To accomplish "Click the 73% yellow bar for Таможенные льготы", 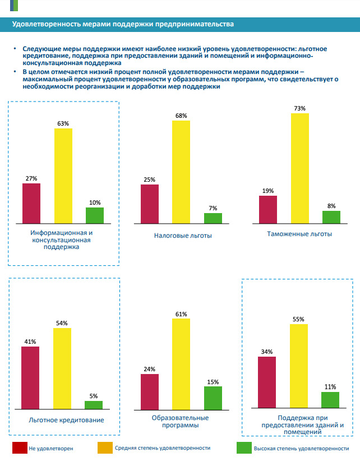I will pyautogui.click(x=299, y=168).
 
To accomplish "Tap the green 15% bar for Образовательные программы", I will pyautogui.click(x=213, y=398).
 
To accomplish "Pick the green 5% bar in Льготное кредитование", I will pyautogui.click(x=94, y=404).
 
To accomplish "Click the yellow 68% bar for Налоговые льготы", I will pyautogui.click(x=181, y=172).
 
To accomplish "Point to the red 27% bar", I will pyautogui.click(x=31, y=203).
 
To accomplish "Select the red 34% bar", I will pyautogui.click(x=267, y=382).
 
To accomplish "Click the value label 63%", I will pyautogui.click(x=63, y=123).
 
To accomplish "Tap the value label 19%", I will pyautogui.click(x=267, y=191).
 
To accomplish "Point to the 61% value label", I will pyautogui.click(x=181, y=314).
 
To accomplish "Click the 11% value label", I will pyautogui.click(x=330, y=387).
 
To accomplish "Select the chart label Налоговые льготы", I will pyautogui.click(x=183, y=236).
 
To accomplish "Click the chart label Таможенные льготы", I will pyautogui.click(x=300, y=234).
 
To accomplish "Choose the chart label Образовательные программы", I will pyautogui.click(x=180, y=421).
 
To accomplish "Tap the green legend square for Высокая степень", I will pyautogui.click(x=243, y=448).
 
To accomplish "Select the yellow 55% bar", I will pyautogui.click(x=298, y=366).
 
